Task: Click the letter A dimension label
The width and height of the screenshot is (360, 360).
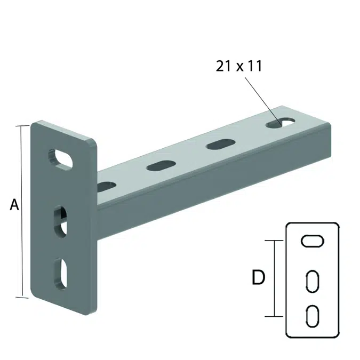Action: tap(14, 204)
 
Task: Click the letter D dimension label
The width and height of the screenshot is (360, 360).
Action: tap(258, 278)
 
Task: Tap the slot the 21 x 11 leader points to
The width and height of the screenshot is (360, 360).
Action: tap(279, 123)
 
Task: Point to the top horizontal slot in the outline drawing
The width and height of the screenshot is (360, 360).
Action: tap(312, 241)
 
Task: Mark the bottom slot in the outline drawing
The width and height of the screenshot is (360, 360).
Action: tap(312, 315)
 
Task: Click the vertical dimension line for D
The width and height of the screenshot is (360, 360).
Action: tap(275, 278)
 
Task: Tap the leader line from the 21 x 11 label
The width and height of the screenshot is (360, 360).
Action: tap(261, 99)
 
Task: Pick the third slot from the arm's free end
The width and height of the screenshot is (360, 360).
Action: tap(160, 166)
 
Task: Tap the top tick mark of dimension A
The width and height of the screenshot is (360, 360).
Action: tap(22, 126)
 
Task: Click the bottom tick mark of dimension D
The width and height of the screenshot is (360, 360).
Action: tap(275, 316)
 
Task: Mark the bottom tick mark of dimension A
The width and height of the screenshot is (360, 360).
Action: tap(22, 297)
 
